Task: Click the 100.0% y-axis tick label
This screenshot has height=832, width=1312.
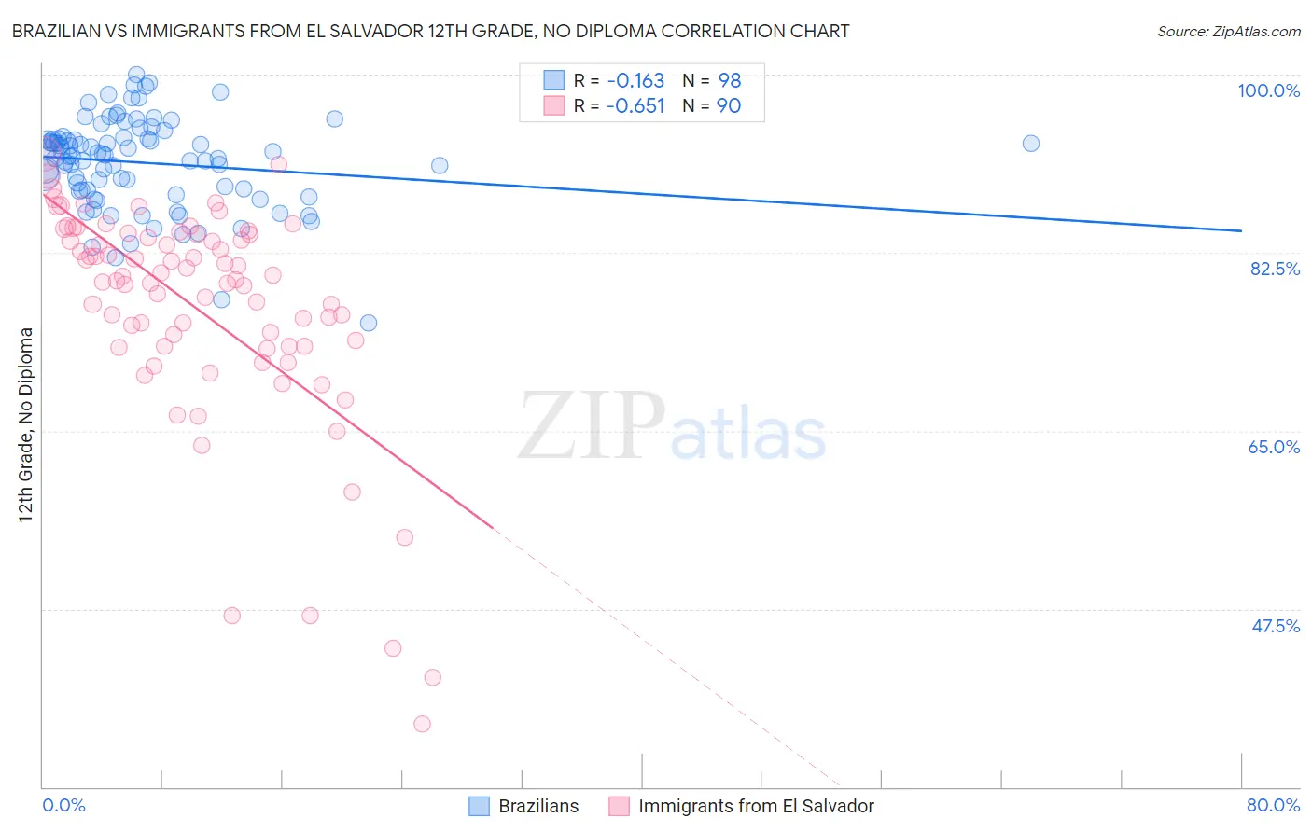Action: click(1268, 90)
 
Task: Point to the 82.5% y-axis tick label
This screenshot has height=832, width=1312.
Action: click(1275, 269)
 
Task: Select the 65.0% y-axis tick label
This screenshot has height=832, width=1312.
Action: click(1274, 447)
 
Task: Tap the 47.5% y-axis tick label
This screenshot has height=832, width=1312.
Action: click(1275, 626)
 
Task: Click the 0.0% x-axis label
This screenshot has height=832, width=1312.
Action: click(63, 805)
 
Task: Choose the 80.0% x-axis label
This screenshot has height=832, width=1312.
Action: click(1273, 805)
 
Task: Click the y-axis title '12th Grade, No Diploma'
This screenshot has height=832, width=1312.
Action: click(26, 424)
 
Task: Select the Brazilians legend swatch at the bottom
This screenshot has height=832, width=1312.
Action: click(479, 806)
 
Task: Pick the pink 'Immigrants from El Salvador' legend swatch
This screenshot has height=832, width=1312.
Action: click(619, 806)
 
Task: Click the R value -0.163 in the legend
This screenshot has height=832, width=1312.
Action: click(635, 80)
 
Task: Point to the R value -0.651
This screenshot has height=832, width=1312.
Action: click(635, 105)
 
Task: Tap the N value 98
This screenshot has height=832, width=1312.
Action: click(729, 80)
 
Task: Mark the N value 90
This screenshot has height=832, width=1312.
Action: click(729, 105)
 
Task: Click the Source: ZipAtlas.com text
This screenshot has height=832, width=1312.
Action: click(1228, 31)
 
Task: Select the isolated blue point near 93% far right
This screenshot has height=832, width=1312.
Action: click(1030, 144)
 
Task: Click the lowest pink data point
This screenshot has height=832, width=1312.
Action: click(422, 724)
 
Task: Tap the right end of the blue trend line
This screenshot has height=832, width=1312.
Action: click(1241, 230)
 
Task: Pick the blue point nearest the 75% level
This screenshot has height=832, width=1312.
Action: click(369, 323)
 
